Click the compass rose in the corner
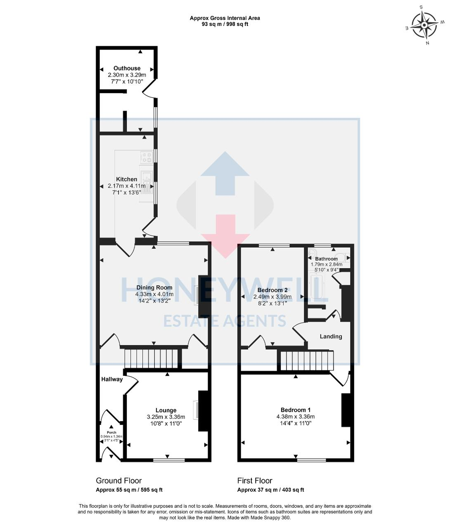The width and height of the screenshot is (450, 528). point(424,25)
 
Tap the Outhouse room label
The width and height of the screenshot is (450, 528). point(127,68)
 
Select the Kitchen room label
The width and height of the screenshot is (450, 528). point(126,179)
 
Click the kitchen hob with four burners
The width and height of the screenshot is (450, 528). point(147,156)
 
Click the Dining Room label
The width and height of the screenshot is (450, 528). point(154,288)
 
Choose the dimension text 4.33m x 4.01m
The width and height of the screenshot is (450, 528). point(154,294)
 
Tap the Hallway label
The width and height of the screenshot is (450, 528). point(112,379)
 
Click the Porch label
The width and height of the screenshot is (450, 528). point(111,432)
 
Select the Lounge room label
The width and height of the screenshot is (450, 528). point(166,410)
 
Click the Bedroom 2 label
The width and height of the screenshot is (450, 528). point(272,290)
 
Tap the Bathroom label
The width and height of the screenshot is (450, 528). point(326,259)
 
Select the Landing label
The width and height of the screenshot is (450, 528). point(331,336)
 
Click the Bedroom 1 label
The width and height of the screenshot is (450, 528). point(295,410)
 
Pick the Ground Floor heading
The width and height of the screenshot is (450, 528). point(118,481)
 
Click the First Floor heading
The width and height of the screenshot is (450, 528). point(254,481)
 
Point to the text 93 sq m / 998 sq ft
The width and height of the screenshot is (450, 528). point(225,24)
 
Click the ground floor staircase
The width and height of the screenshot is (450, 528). point(152,358)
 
